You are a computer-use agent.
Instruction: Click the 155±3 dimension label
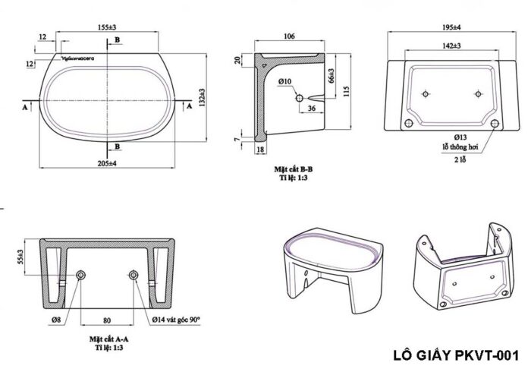[112, 27]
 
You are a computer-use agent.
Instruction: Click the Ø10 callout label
[285, 80]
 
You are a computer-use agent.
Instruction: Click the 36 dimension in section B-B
[313, 109]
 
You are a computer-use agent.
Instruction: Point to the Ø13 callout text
[461, 137]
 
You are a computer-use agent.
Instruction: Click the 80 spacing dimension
[108, 320]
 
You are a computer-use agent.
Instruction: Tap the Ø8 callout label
[57, 320]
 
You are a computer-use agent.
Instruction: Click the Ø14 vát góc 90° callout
[176, 320]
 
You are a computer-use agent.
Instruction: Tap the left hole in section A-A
[81, 274]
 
